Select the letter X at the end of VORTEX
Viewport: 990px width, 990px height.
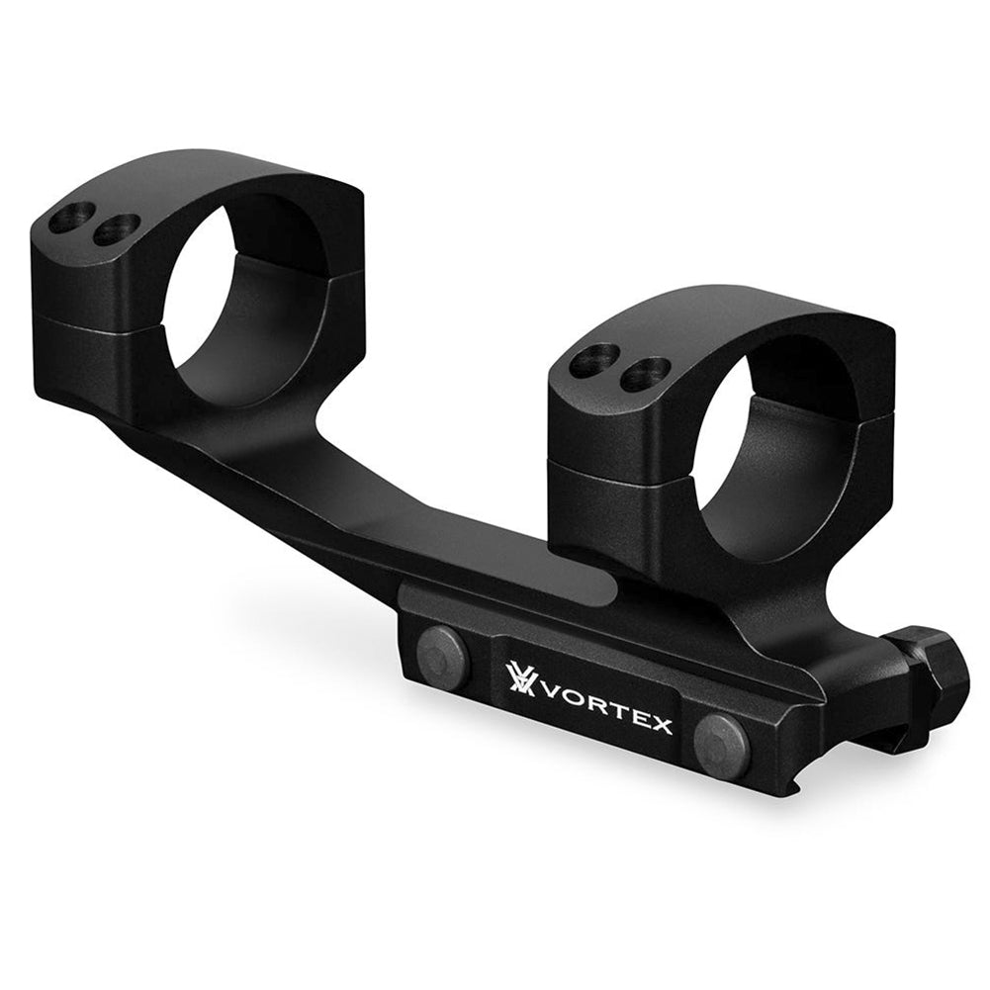click(660, 726)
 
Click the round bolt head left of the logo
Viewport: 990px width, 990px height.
click(443, 658)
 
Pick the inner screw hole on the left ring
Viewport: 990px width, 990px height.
click(116, 229)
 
